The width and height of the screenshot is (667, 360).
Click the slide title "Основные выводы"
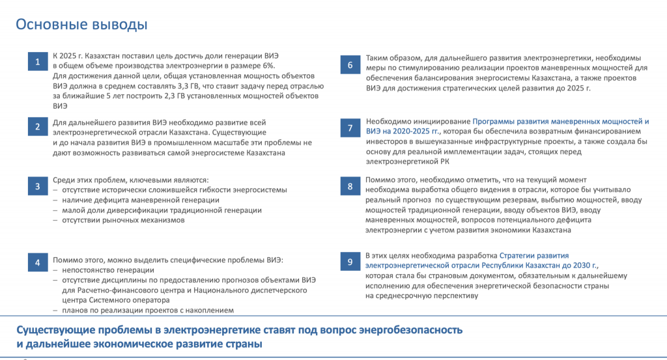point(81,25)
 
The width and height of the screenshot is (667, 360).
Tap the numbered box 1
point(37,62)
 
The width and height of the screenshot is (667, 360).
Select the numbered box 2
point(37,127)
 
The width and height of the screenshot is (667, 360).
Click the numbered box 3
point(37,187)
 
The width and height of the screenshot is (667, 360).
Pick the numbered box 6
point(350,64)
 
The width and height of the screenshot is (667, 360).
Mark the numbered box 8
point(350,187)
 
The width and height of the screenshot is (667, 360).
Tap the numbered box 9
point(350,262)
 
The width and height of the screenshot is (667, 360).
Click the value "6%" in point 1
point(268,66)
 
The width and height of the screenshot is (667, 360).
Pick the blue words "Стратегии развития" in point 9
point(533,255)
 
